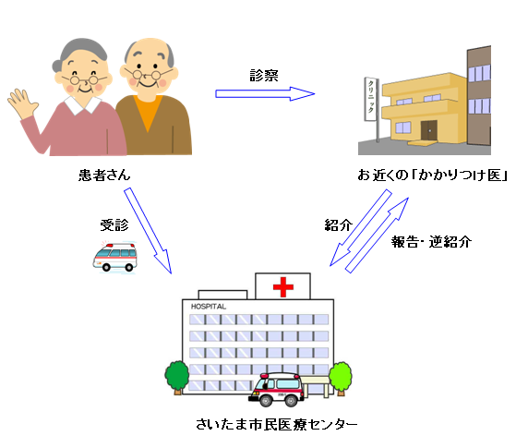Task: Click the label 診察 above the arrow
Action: click(264, 76)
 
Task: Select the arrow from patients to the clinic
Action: click(265, 94)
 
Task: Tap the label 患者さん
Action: click(104, 175)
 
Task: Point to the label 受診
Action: click(114, 225)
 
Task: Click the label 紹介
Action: click(338, 225)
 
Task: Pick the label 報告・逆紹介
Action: click(431, 242)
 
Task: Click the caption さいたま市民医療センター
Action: click(276, 424)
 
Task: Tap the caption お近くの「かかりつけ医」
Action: click(432, 175)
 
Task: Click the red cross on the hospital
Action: click(283, 287)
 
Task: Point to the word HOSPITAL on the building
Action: click(209, 307)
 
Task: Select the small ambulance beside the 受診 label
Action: click(114, 258)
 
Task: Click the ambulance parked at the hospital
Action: click(277, 390)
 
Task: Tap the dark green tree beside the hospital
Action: click(177, 378)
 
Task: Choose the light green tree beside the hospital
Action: click(341, 379)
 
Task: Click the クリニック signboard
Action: click(371, 99)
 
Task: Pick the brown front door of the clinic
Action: click(429, 130)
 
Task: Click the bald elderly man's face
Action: click(149, 71)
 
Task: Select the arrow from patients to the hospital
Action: click(148, 231)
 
